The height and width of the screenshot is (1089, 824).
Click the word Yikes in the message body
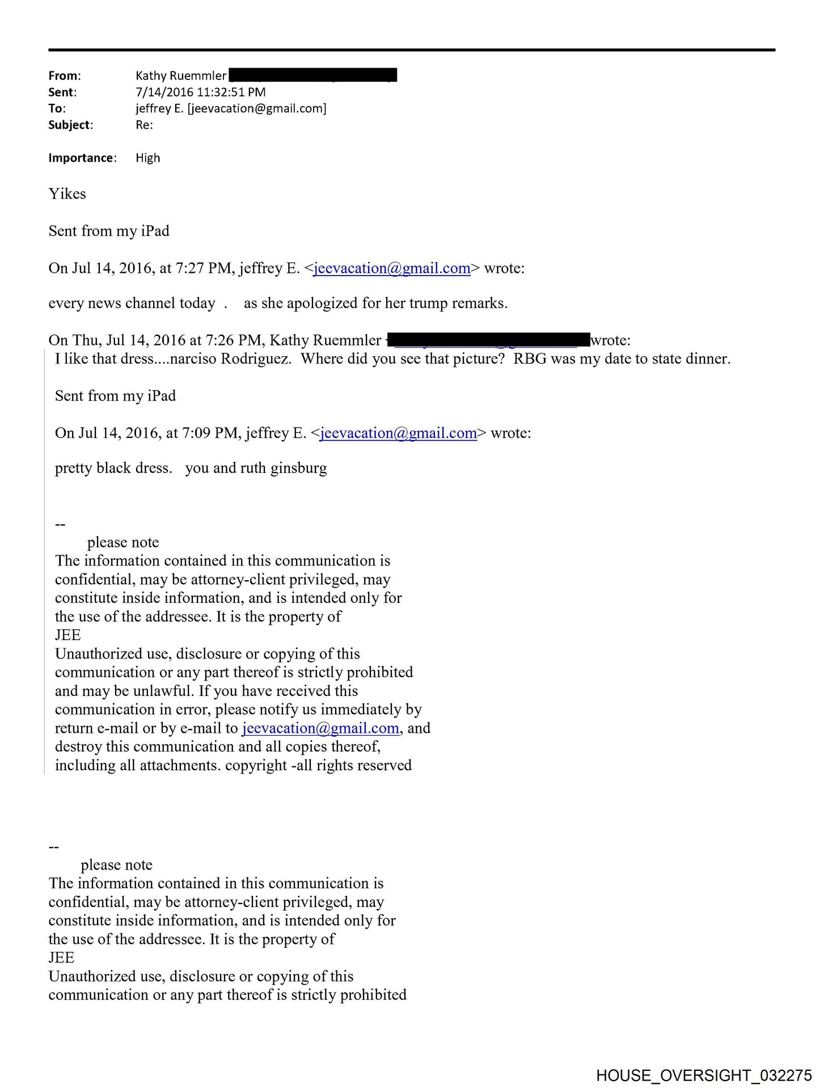pos(67,194)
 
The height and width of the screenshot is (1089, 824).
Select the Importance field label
pos(82,158)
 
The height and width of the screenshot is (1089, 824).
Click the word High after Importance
pos(147,158)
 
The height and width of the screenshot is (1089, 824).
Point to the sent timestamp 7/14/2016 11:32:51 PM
pos(200,92)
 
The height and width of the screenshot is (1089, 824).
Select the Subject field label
pos(70,125)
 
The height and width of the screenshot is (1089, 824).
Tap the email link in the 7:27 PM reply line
pos(392,268)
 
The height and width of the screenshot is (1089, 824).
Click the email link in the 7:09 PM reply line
pos(398,433)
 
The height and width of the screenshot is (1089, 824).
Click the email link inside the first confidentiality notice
pos(320,728)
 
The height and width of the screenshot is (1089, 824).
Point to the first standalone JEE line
pos(68,635)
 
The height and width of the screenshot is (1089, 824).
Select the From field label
pos(64,75)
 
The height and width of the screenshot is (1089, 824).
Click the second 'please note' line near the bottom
pos(116,865)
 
